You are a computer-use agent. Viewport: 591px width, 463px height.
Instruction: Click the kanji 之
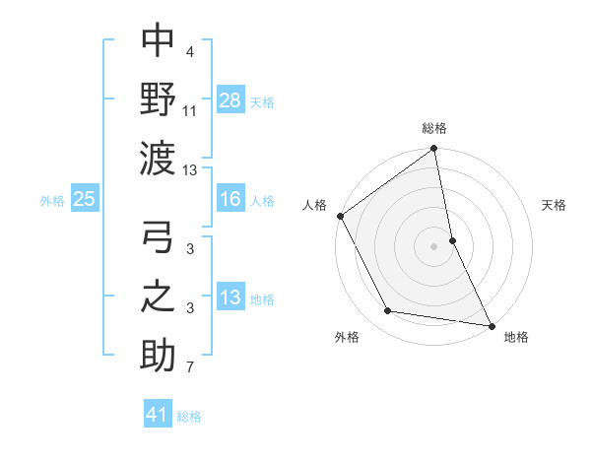[158, 297]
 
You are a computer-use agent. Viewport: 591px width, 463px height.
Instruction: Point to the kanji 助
[158, 354]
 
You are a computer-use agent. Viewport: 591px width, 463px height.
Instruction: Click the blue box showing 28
[230, 99]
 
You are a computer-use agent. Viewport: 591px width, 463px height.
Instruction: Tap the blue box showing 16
[230, 199]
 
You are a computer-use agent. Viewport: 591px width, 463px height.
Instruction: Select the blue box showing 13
[230, 298]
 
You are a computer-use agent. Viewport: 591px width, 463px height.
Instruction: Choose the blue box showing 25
[84, 199]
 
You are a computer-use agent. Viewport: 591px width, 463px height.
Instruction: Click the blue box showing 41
[158, 415]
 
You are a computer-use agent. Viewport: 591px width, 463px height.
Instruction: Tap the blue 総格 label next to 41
[189, 417]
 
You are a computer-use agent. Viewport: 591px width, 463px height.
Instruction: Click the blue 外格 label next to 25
[52, 201]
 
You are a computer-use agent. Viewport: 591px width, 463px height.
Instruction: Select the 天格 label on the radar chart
[555, 206]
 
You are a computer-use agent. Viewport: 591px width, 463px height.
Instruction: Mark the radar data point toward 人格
[340, 216]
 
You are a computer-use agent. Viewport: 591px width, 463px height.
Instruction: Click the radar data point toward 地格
[492, 325]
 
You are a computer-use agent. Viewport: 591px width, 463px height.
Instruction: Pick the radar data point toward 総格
[434, 151]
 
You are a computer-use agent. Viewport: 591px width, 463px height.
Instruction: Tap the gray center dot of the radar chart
[434, 246]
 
